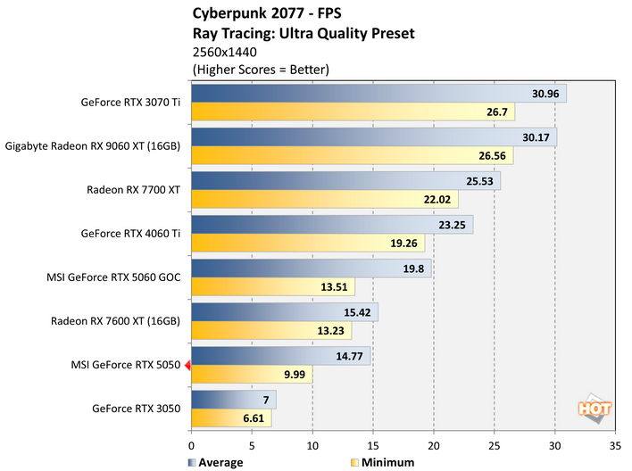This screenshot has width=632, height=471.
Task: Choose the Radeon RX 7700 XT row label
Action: [133, 189]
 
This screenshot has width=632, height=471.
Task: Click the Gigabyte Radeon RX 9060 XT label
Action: [93, 145]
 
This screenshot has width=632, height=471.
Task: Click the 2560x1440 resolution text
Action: [224, 52]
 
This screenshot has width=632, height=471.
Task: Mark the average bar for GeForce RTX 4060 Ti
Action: [331, 225]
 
